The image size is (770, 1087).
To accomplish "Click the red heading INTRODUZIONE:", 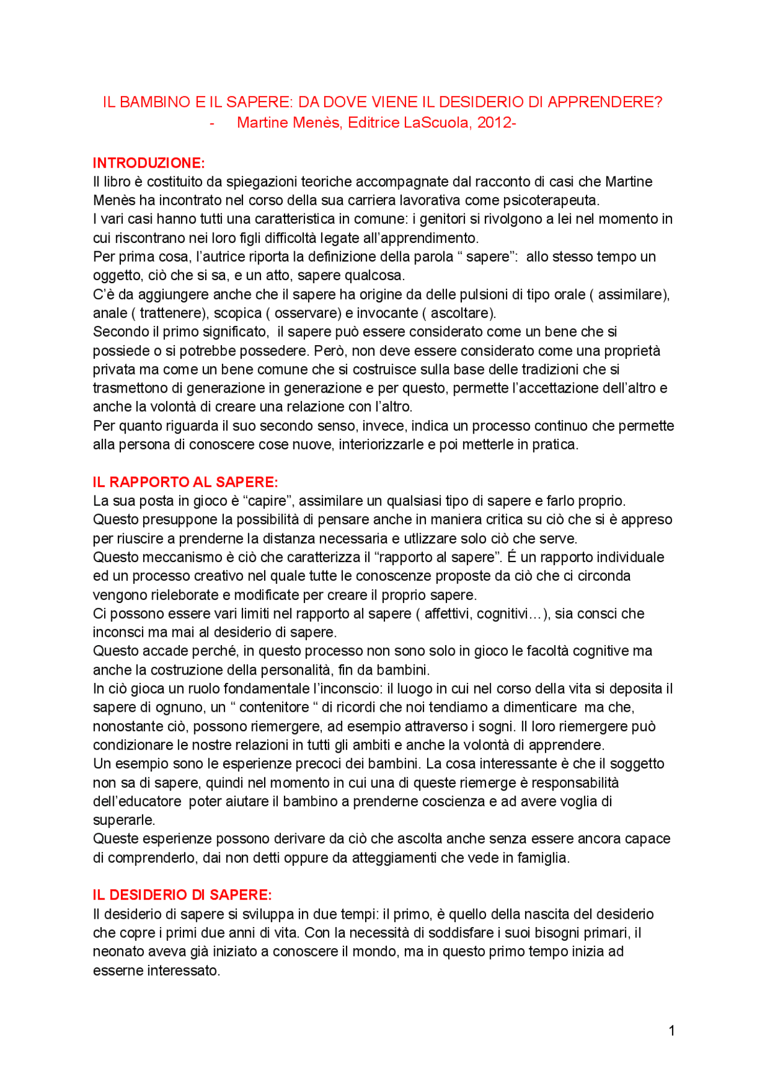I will coord(149,163).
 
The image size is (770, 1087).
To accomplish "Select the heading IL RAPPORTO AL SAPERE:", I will coord(185,482).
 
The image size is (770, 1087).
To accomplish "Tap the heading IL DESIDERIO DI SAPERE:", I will coord(182,895).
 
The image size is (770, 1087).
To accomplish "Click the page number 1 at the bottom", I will coord(671,1031).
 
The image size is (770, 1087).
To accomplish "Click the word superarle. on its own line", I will coord(124,820).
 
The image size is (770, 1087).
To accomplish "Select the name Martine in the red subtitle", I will coord(261,123).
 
